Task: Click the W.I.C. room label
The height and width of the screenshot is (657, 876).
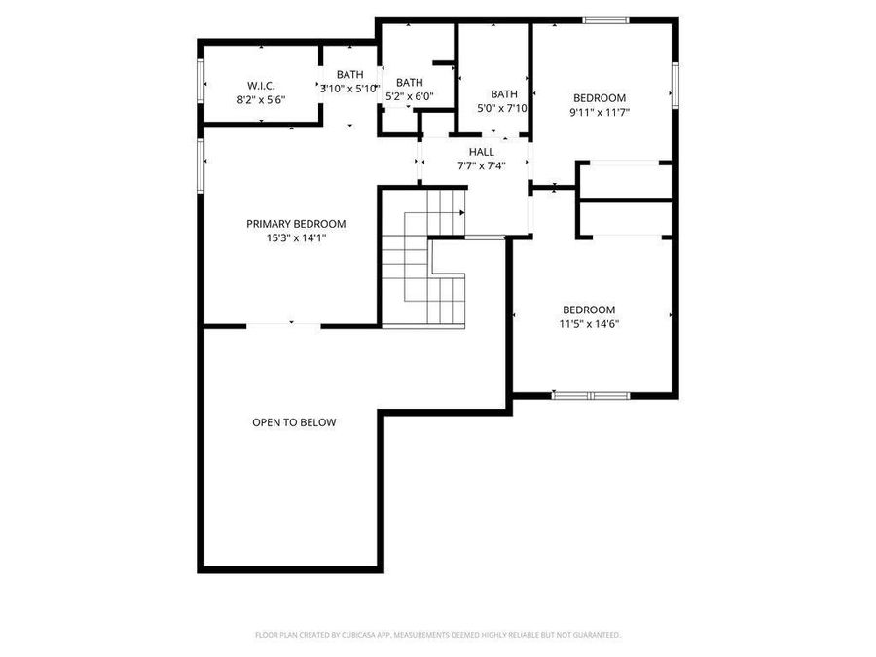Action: coord(261,86)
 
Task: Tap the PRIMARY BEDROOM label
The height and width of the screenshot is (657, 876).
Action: coord(296,224)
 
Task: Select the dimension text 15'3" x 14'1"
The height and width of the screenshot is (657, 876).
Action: coord(296,238)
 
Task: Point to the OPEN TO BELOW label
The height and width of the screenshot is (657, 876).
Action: coord(294,422)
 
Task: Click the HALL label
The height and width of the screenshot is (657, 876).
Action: coord(481,152)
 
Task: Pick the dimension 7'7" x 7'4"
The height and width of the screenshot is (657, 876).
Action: coord(481,165)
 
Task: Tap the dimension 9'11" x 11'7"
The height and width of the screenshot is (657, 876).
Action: coord(599,112)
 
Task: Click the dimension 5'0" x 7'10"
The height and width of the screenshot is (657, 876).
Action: coord(502,108)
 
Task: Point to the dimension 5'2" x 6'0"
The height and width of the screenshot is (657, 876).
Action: coord(409,96)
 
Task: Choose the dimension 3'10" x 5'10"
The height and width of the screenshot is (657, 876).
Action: coord(349,89)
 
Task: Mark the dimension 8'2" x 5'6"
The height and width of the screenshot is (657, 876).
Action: coord(261,99)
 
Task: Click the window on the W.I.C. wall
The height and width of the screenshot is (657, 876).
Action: coord(201,81)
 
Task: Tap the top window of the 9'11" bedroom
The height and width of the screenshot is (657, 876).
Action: coord(605,18)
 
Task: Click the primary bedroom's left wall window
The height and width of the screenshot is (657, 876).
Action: coord(201,164)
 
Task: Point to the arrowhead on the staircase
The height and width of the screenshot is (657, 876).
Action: coord(461,213)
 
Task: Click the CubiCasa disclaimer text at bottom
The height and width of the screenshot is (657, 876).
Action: coord(438,635)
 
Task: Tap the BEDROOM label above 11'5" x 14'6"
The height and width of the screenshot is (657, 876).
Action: coord(589,310)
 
